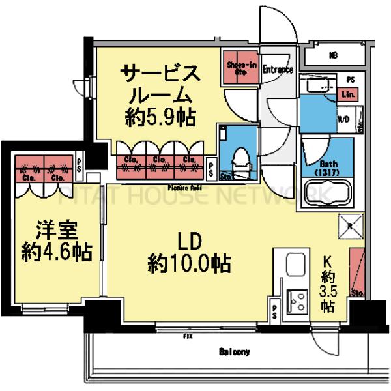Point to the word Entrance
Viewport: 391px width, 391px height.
[277, 68]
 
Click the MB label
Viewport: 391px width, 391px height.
[334, 55]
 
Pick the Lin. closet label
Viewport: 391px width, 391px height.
[349, 95]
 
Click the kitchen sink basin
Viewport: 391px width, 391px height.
[293, 267]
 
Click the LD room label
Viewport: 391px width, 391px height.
[188, 242]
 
